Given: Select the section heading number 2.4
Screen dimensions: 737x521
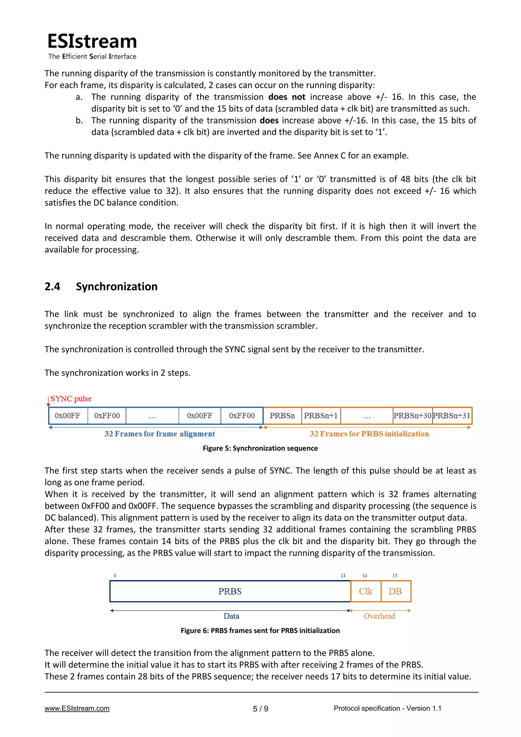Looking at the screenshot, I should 52,286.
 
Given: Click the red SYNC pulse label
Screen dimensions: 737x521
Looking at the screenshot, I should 71,399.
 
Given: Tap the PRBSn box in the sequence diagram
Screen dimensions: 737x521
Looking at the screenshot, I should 282,416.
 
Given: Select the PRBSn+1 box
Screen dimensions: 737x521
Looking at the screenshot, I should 321,416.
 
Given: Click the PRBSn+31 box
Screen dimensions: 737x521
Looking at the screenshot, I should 451,416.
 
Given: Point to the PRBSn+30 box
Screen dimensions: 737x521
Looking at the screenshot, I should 412,416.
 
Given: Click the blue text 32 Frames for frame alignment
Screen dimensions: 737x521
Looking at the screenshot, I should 160,434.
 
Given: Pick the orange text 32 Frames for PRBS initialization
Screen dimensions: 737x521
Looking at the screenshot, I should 369,434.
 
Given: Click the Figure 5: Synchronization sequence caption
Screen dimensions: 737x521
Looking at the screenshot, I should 260,449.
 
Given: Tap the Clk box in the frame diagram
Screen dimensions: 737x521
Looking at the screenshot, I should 366,591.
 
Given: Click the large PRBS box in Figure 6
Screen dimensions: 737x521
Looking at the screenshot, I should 230,591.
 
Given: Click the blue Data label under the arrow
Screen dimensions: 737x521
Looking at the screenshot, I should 231,616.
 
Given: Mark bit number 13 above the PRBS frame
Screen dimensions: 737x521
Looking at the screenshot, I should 343,575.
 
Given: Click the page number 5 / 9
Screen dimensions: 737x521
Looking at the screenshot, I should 260,709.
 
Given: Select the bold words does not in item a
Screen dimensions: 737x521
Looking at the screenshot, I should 287,97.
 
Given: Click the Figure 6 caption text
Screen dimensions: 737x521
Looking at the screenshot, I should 260,630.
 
